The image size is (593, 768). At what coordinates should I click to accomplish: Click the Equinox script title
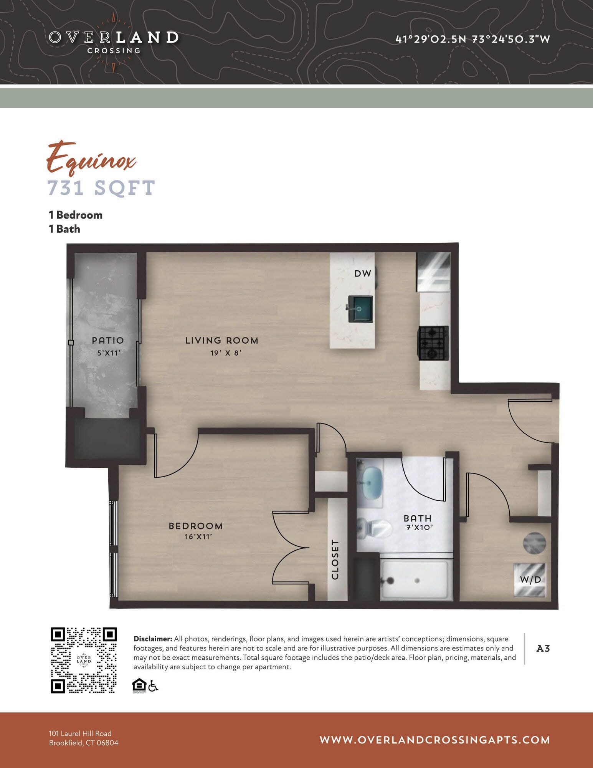(91, 158)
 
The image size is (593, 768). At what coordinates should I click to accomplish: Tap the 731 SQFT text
(101, 188)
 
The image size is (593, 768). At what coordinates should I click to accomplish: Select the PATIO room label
(108, 340)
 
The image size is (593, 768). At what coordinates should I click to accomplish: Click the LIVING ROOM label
(221, 341)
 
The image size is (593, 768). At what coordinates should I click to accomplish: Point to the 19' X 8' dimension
(226, 353)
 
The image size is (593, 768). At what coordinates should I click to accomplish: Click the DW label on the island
(363, 273)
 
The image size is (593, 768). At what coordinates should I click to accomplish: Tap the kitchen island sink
(360, 309)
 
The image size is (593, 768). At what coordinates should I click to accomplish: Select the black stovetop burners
(433, 343)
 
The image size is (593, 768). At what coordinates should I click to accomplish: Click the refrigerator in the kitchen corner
(434, 271)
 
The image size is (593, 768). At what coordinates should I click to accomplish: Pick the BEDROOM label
(196, 526)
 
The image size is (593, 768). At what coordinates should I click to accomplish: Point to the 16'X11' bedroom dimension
(198, 537)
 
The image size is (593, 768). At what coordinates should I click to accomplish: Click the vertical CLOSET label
(335, 559)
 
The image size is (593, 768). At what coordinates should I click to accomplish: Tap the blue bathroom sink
(372, 483)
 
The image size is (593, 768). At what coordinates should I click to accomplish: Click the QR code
(84, 660)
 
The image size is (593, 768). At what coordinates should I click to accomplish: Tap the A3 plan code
(543, 649)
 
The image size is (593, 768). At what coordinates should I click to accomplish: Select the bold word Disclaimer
(152, 639)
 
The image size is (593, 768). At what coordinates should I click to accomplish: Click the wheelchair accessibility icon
(153, 686)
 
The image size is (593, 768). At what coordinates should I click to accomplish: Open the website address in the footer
(434, 740)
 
